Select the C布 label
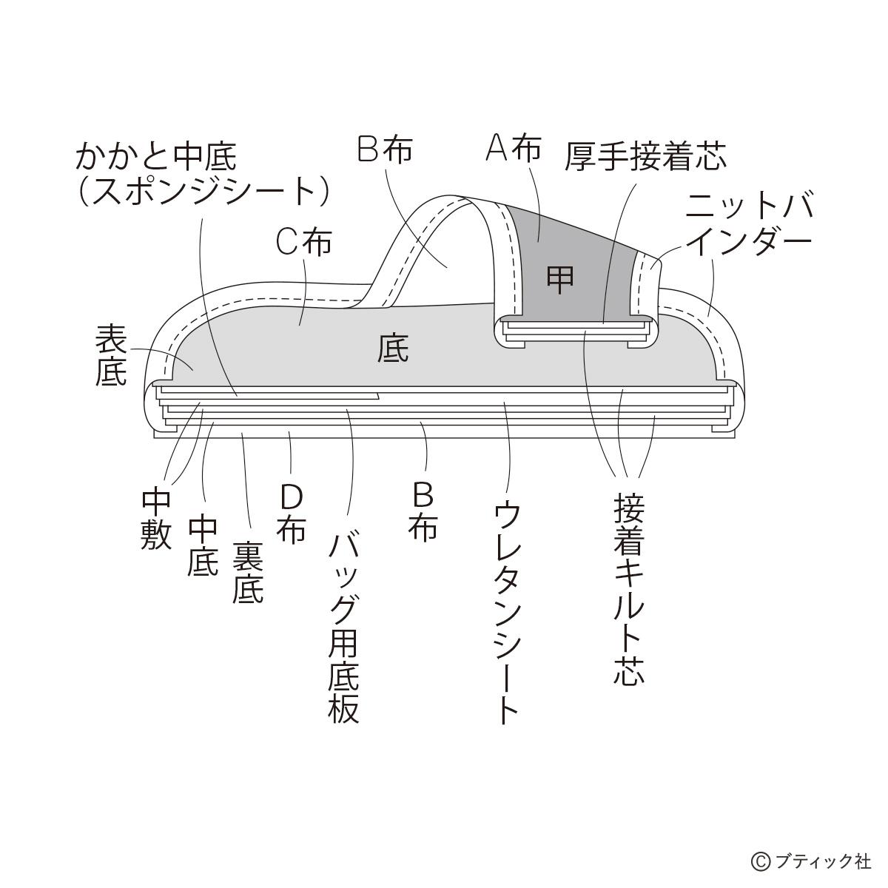304,242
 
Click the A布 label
514,149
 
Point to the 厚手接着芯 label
645,156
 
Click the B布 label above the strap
385,149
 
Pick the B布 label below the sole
423,511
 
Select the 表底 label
112,357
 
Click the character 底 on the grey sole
393,348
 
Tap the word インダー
749,241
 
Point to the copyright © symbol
761,861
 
